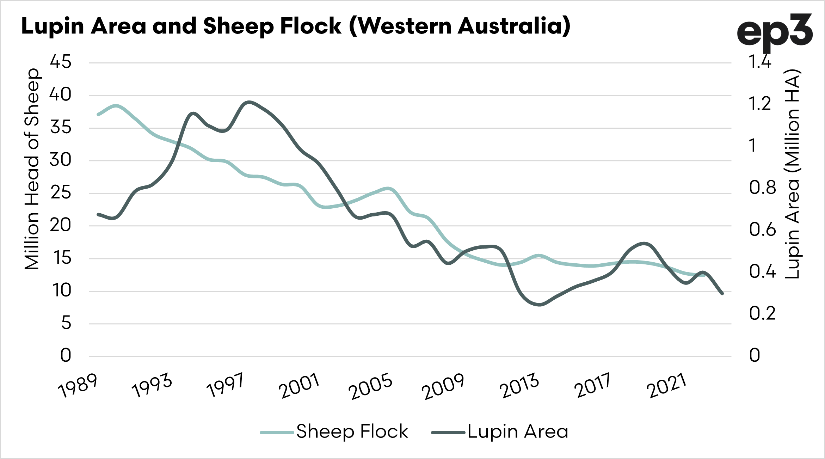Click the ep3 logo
pos(774,32)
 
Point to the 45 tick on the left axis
pos(61,62)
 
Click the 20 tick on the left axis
pos(61,225)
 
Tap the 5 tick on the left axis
pos(66,323)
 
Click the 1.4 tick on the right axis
pos(760,62)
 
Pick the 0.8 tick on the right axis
pos(762,188)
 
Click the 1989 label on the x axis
pos(78,386)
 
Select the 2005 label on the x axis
pos(370,387)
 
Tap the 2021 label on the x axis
pos(666,386)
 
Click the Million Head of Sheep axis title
pos(32,169)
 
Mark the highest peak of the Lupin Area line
pos(249,103)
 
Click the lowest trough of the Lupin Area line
pos(540,305)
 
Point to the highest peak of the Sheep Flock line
pos(116,106)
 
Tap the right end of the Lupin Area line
pos(722,293)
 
